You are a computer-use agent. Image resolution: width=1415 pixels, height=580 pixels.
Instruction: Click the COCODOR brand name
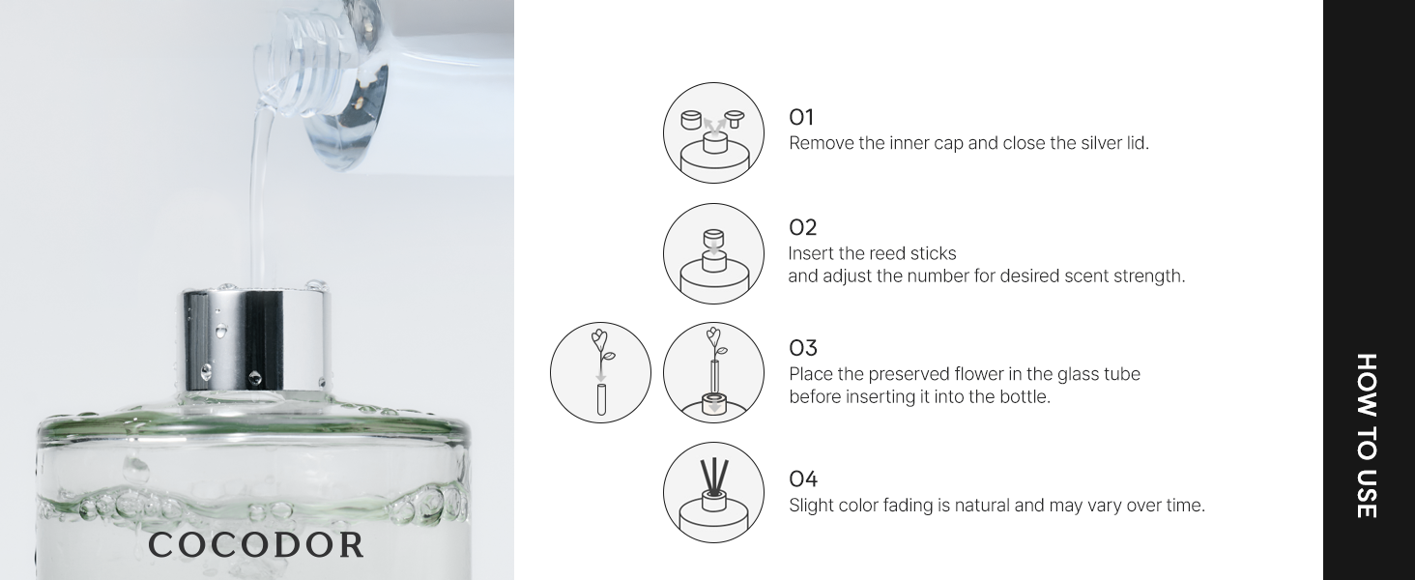coord(256,545)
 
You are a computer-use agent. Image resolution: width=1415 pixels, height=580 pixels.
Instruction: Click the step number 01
coord(801,118)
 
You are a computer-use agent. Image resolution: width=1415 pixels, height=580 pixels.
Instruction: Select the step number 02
coord(802,228)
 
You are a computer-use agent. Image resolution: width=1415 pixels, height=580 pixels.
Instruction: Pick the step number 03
coord(802,348)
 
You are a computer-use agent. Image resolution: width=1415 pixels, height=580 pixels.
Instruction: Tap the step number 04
coord(802,479)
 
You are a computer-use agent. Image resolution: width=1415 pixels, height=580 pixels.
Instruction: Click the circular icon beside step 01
coord(713,133)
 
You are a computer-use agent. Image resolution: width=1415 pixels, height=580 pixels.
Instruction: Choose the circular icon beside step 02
coord(713,253)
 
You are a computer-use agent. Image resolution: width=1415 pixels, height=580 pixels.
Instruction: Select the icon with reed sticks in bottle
coord(713,493)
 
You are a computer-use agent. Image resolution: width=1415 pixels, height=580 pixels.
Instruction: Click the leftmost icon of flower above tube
coord(600,372)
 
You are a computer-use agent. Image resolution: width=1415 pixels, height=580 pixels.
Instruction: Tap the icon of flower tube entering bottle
coord(713,372)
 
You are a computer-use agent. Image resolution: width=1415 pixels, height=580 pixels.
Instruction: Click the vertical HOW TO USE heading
coord(1366,435)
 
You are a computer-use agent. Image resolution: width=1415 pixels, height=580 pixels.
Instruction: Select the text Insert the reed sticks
coord(872,254)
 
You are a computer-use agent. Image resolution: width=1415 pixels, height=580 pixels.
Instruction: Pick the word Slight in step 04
coord(811,506)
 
